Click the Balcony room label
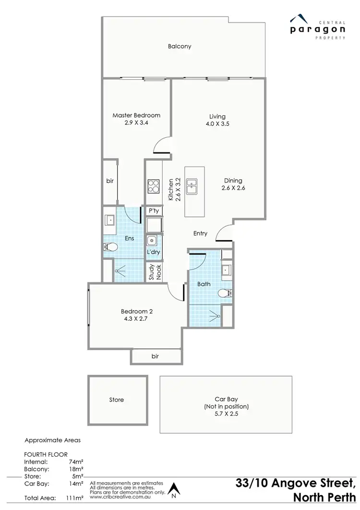pos(180,47)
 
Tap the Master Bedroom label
pos(136,115)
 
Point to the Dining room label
pos(233,181)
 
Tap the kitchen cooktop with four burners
pos(153,186)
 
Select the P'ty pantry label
pos(154,211)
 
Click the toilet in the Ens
pos(110,247)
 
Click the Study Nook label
pos(154,272)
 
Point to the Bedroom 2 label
pos(136,311)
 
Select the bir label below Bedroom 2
pos(155,356)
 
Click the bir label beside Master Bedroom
pos(109,181)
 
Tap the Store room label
pos(117,400)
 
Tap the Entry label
pos(200,233)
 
